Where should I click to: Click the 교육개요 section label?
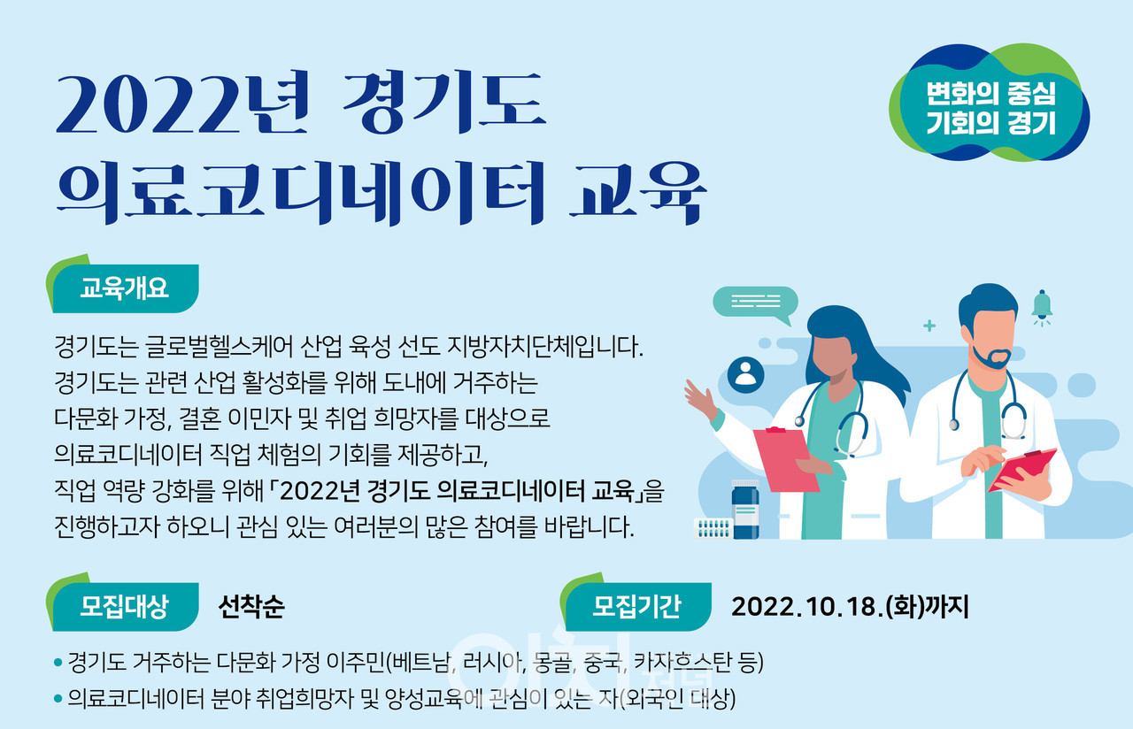(124, 288)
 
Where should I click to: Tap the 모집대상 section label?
(124, 606)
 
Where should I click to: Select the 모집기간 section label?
(636, 606)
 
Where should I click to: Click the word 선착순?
(251, 607)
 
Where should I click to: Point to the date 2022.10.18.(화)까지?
(850, 607)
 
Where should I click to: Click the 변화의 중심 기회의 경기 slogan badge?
(990, 104)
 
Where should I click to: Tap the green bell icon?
(1042, 307)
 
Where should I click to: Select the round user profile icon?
(745, 374)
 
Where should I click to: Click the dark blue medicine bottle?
(745, 509)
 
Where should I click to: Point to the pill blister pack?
(713, 529)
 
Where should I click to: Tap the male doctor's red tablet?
(1021, 470)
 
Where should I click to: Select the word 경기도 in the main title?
(444, 103)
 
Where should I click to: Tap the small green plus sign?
(929, 326)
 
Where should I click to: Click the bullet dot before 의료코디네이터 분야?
(58, 699)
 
